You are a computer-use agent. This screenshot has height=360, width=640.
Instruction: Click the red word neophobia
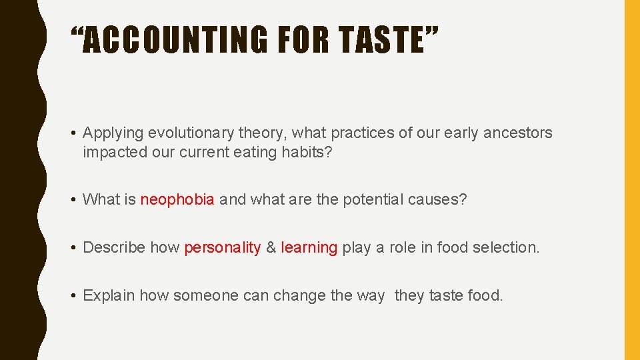[177, 199]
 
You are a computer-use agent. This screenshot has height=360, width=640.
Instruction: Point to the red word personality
[222, 247]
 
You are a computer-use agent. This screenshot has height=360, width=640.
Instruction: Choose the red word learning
[309, 247]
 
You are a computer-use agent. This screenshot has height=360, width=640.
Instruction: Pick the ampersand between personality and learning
[271, 247]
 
